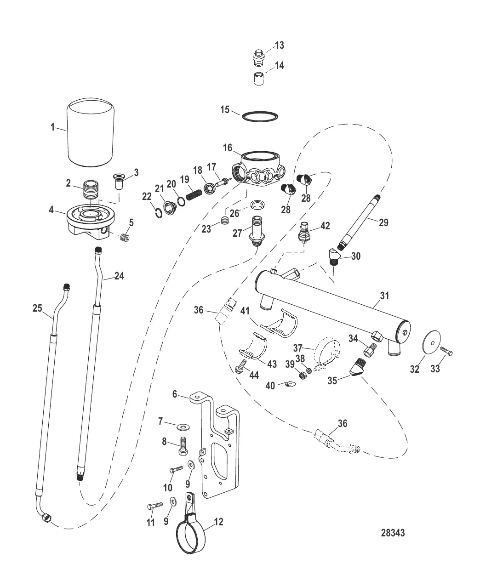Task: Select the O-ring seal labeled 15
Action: click(260, 116)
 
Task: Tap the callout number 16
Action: click(228, 148)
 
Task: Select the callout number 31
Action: click(384, 296)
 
